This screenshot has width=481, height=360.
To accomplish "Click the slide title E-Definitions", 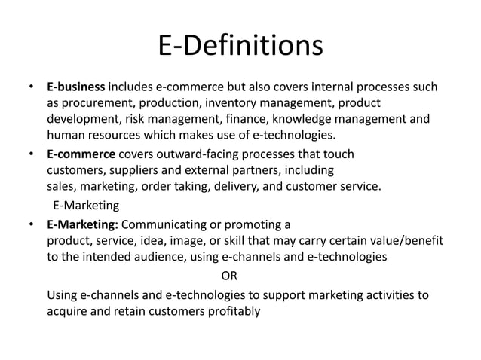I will coord(240,45).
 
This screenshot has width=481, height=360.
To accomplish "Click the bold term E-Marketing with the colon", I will coord(82,224).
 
